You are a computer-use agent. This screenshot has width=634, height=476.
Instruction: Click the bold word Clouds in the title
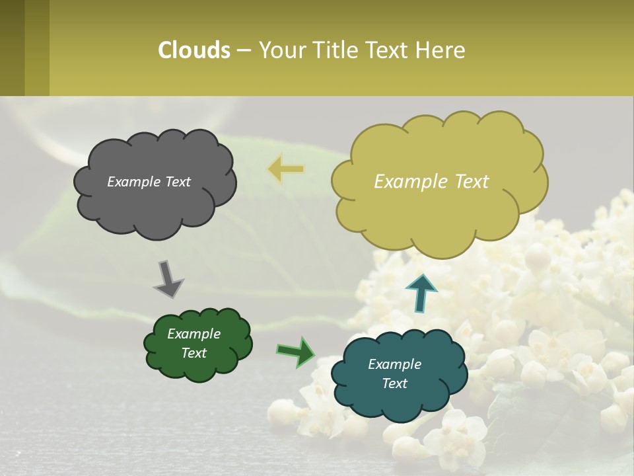coord(194,50)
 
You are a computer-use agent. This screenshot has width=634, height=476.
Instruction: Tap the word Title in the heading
coord(335,50)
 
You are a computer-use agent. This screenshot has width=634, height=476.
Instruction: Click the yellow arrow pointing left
coord(285,170)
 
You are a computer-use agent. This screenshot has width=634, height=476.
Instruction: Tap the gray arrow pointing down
coord(168,279)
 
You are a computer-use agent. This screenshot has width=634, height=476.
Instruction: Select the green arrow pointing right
coord(296,351)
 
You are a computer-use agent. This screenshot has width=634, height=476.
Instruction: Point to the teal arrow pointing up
coord(421,293)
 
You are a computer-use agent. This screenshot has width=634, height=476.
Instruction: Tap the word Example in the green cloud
coord(194,334)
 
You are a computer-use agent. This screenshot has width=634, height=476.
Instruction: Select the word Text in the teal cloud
coord(394,383)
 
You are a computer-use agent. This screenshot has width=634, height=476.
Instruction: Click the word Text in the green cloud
coord(194,353)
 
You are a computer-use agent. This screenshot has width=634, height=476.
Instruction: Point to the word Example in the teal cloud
coord(394,364)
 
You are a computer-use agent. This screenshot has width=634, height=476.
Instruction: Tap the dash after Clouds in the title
coord(244,51)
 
